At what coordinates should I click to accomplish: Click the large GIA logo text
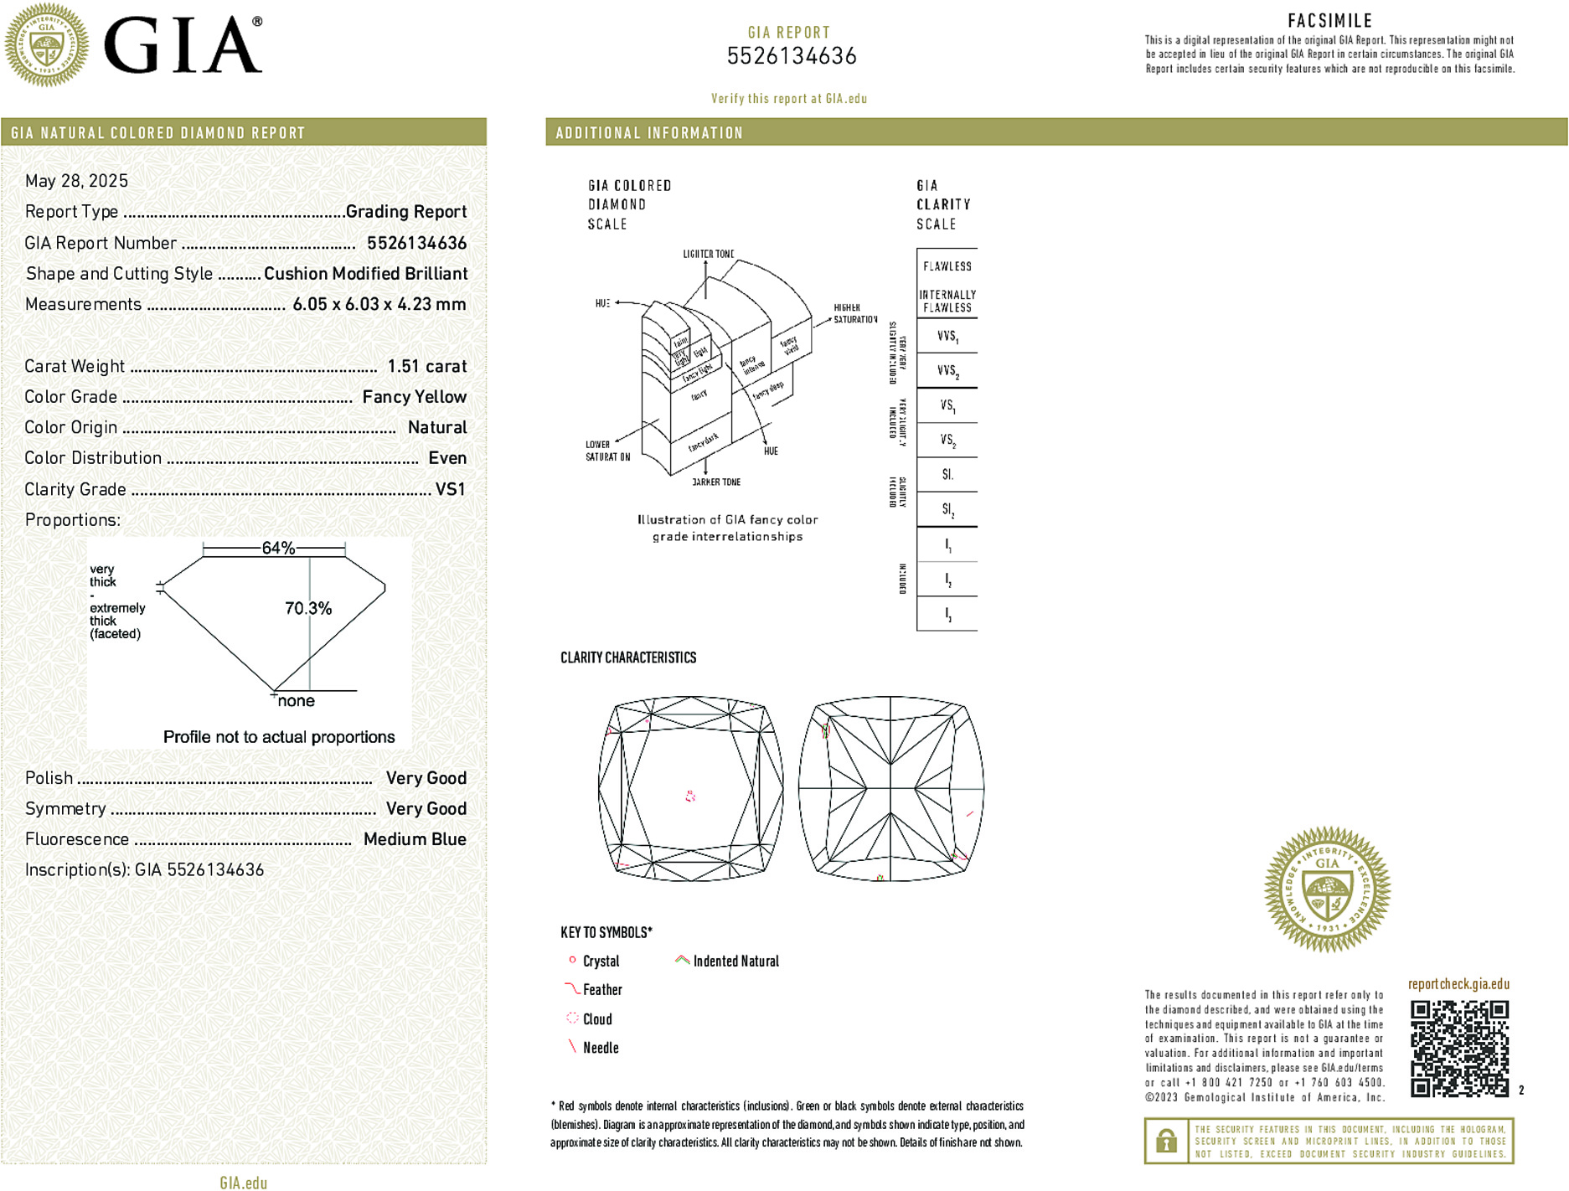coord(183,46)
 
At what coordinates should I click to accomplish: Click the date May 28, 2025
coord(76,181)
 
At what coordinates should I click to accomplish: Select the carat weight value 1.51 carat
coord(426,366)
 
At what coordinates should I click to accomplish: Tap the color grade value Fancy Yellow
coord(414,397)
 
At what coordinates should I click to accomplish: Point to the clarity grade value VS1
coord(450,489)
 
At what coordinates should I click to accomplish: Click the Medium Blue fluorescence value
coord(415,839)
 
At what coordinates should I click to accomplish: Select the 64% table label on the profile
coord(278,548)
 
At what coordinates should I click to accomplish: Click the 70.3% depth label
coord(308,608)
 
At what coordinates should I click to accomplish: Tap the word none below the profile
coord(297,701)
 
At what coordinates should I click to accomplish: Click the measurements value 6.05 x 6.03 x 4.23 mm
coord(379,304)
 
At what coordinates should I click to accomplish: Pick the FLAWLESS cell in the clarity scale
coord(947,266)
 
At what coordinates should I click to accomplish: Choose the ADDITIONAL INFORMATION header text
coord(649,133)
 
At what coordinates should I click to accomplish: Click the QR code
coord(1459,1048)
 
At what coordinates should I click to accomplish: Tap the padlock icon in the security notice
coord(1166,1141)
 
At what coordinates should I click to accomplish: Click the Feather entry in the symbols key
coord(602,990)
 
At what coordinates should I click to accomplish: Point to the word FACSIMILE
coord(1329,21)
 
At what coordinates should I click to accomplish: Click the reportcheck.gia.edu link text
coord(1458,984)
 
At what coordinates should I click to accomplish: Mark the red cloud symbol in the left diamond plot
coord(690,796)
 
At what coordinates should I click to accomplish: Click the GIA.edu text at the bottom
coord(244,1183)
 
